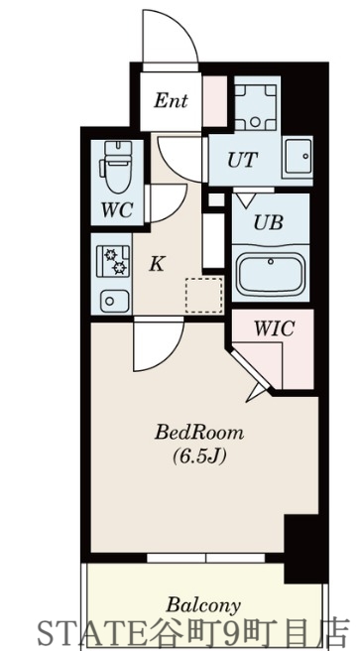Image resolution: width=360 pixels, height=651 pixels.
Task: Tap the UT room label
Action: point(243,159)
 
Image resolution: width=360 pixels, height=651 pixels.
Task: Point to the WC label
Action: point(118,210)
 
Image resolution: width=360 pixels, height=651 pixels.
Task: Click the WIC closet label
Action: point(273,327)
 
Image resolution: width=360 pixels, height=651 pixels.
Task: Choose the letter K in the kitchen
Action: point(156,264)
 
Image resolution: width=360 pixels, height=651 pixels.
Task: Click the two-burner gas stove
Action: point(113,261)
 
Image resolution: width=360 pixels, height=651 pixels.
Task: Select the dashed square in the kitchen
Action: point(204,294)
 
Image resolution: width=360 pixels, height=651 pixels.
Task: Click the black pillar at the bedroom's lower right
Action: point(298,546)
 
